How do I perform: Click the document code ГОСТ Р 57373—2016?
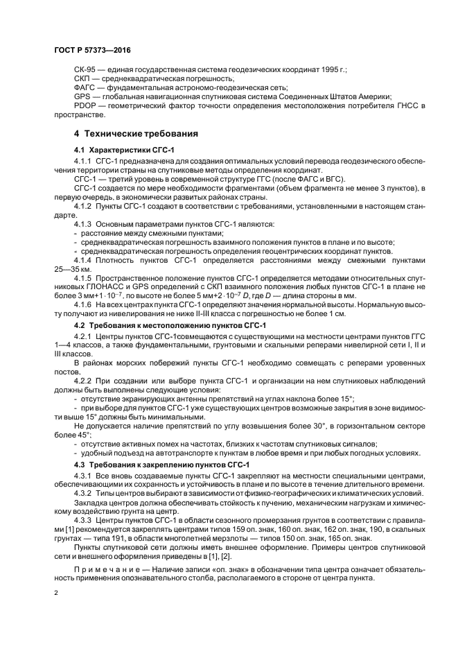[x=92, y=51]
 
